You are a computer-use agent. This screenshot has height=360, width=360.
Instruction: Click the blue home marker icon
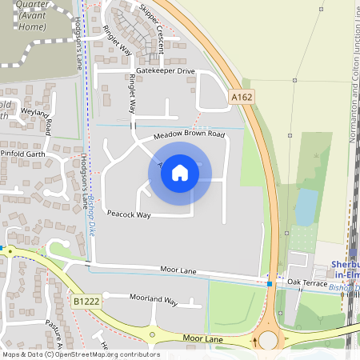click(180, 173)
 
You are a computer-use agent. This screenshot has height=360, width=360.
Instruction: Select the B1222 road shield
click(86, 302)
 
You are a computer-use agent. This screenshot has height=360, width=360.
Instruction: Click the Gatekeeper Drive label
click(165, 71)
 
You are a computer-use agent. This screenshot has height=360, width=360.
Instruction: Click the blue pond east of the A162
click(306, 206)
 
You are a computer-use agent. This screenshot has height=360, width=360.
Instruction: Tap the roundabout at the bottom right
click(267, 340)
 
